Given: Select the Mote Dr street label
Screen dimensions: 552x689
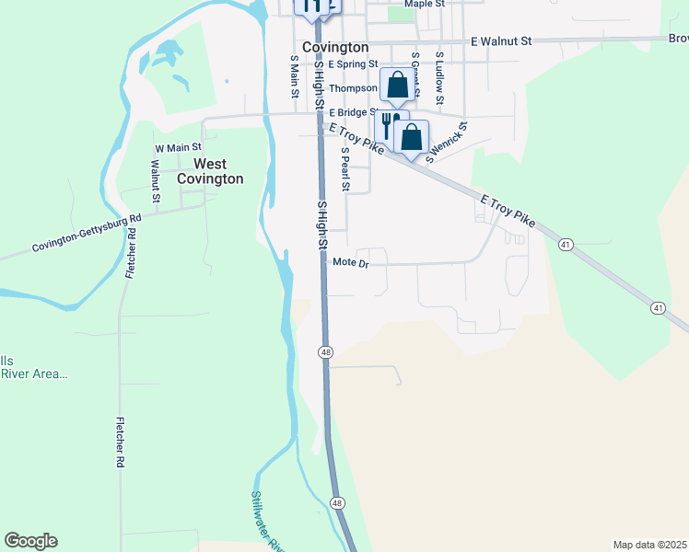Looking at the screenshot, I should [x=351, y=263].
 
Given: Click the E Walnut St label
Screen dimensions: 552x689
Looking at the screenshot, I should [x=501, y=41].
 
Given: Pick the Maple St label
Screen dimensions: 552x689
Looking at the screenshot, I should [x=425, y=4].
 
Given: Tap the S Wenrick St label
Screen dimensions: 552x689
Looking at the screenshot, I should [x=447, y=141].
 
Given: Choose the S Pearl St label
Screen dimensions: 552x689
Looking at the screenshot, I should [x=345, y=169].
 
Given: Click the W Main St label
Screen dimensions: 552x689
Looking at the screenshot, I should [x=178, y=147].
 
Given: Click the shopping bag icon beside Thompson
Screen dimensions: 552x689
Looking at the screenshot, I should [x=397, y=86].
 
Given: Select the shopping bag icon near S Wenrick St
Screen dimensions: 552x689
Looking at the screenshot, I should [x=412, y=136].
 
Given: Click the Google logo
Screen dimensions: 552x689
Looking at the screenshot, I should [x=30, y=541].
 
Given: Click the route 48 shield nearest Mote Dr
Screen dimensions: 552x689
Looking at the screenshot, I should [x=326, y=352].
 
